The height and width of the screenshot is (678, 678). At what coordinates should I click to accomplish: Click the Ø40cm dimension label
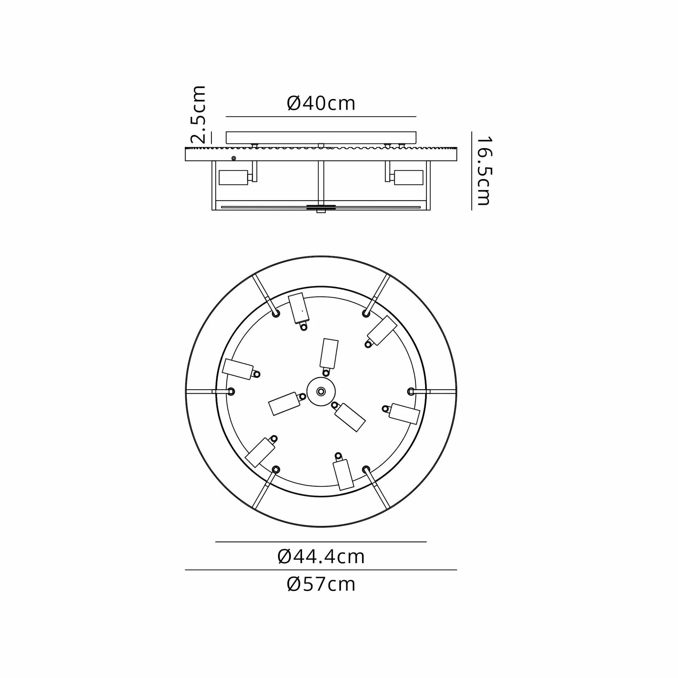321,103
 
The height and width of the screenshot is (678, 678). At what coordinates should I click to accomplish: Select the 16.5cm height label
484,171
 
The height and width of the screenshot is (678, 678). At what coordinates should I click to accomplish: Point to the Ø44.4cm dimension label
321,556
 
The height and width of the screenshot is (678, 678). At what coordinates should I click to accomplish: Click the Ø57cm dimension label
321,584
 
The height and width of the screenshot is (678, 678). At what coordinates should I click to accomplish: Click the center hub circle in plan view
321,391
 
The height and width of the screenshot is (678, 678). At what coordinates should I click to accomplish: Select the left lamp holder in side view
233,178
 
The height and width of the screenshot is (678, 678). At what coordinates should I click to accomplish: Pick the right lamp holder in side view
408,178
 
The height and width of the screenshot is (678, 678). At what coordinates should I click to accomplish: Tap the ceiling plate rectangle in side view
321,138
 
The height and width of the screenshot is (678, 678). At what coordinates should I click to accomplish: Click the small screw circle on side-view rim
234,158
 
